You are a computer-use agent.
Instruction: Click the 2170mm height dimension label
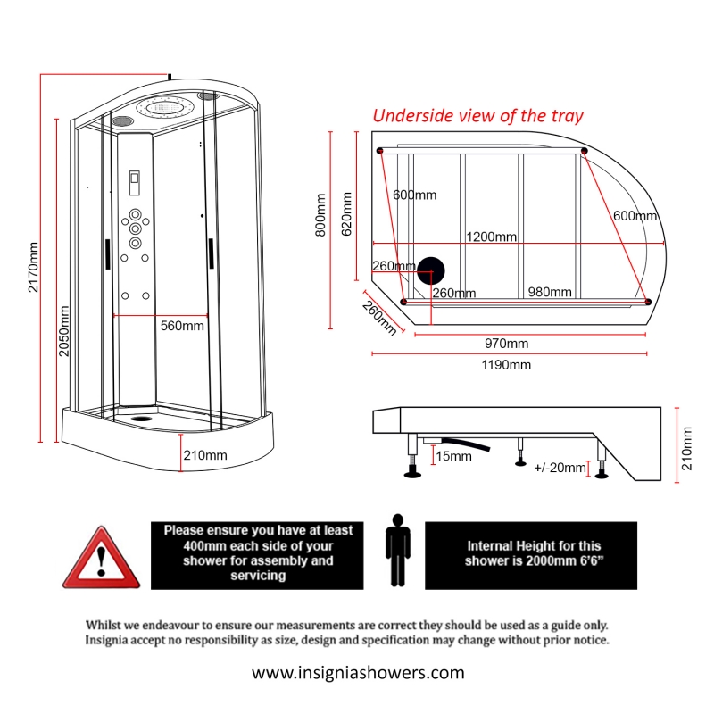tap(33, 266)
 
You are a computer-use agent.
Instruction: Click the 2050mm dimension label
tap(64, 330)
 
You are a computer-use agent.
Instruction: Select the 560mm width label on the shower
tap(182, 326)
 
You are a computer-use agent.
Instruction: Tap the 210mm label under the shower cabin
tap(205, 455)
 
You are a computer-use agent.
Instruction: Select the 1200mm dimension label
tap(492, 237)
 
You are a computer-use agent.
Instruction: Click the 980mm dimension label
tap(549, 292)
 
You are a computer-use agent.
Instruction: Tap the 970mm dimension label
tap(506, 344)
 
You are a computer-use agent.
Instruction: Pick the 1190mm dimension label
tap(505, 364)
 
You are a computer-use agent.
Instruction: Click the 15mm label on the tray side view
tap(453, 456)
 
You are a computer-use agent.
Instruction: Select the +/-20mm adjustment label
tap(560, 468)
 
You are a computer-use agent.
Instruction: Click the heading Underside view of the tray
tap(477, 115)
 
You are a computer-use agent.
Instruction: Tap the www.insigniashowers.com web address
tap(358, 672)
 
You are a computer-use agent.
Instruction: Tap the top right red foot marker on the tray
tap(585, 151)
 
